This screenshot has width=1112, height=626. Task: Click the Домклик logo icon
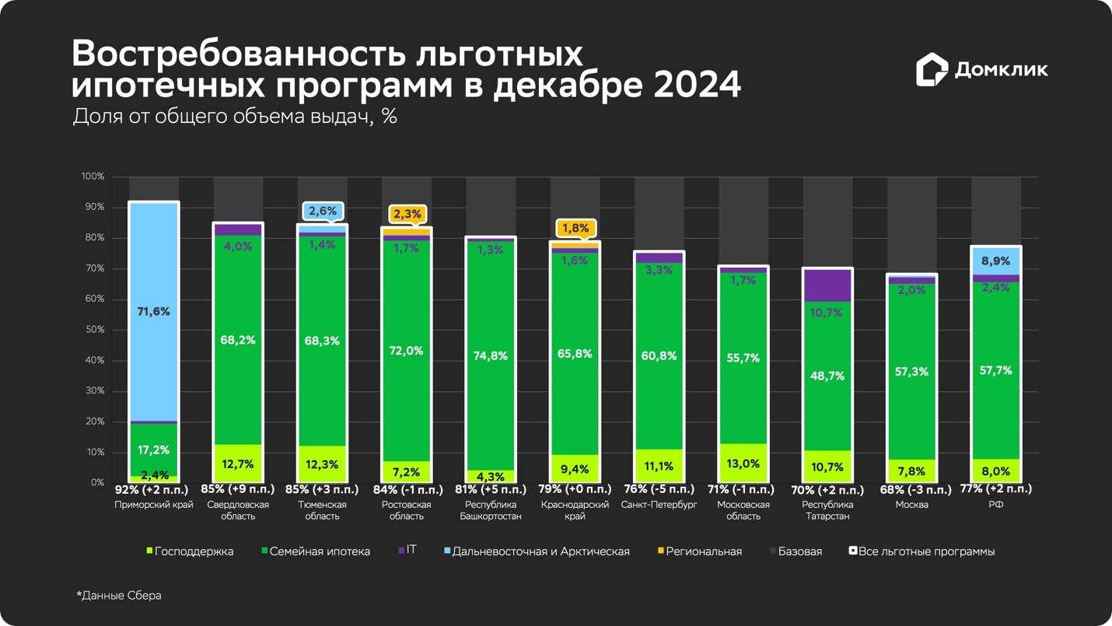click(931, 69)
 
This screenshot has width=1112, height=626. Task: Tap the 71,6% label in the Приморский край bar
click(154, 312)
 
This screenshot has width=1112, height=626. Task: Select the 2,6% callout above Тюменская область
click(323, 212)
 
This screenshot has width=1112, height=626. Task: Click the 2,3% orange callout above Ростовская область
click(407, 214)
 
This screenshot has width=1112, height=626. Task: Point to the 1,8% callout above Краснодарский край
click(575, 229)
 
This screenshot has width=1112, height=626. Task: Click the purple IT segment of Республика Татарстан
click(827, 285)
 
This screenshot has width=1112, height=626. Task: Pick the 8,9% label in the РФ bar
click(995, 261)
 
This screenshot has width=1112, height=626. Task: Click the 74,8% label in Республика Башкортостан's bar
click(490, 356)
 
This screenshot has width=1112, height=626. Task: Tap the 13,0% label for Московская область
click(743, 463)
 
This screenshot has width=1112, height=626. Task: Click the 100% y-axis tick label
click(92, 177)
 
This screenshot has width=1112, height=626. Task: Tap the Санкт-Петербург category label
click(659, 505)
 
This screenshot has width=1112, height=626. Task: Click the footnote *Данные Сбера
click(119, 596)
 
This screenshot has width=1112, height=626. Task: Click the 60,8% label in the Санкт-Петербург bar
click(659, 356)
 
